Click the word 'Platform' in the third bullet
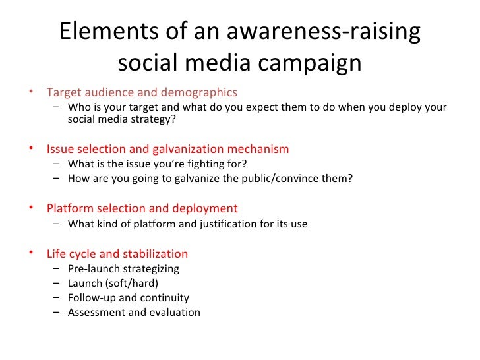[69, 208]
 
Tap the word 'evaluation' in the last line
[174, 313]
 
